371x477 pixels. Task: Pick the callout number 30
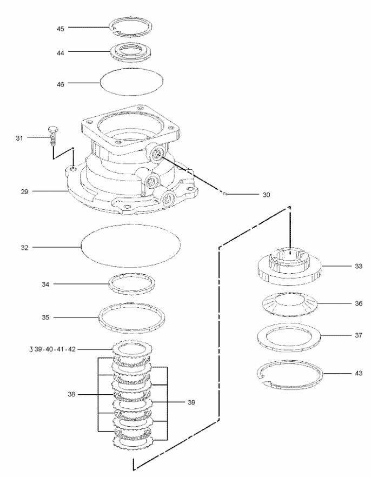(x=266, y=194)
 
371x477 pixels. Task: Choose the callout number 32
(x=25, y=247)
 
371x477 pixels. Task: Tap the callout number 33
(x=343, y=266)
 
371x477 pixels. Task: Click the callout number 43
(x=343, y=373)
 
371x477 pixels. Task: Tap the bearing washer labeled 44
(x=130, y=53)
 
